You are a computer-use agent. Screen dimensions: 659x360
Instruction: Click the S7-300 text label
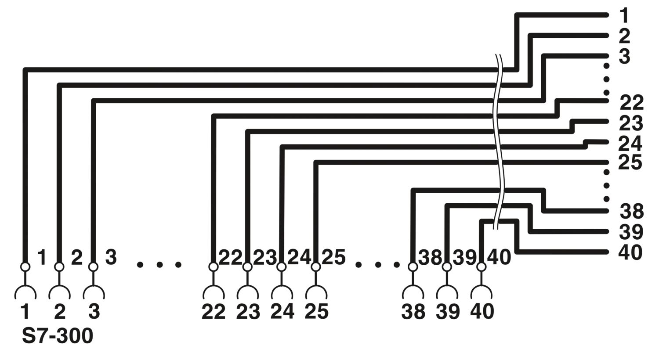[58, 336]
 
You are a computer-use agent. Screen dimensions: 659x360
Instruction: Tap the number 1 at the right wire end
[624, 15]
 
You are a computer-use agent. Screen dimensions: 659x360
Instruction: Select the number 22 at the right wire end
[632, 103]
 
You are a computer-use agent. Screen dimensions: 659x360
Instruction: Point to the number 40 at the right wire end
[630, 252]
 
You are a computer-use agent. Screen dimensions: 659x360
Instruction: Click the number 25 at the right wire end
[630, 162]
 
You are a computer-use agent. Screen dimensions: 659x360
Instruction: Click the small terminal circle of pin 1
[25, 267]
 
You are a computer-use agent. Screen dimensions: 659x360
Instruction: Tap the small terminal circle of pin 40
[482, 267]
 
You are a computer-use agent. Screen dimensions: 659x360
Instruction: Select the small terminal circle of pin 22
[214, 267]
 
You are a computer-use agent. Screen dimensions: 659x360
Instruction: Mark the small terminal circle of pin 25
[316, 267]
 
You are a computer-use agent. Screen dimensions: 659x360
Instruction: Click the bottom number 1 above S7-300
[25, 312]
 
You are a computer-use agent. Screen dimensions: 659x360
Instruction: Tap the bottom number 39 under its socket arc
[448, 312]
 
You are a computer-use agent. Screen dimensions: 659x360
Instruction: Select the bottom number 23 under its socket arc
[248, 312]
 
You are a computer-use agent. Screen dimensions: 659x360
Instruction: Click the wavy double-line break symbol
[498, 141]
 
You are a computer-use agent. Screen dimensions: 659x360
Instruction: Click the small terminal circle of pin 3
[94, 267]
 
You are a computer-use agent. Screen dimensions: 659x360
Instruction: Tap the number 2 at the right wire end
[624, 36]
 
